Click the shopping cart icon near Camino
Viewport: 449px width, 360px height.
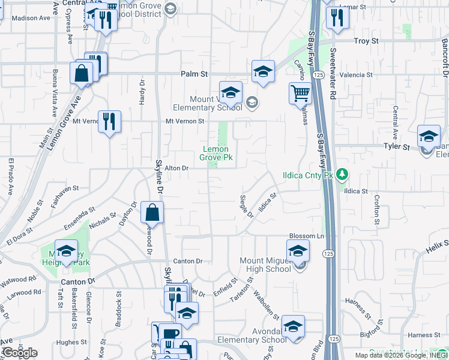(300, 93)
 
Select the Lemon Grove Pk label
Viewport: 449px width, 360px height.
(215, 154)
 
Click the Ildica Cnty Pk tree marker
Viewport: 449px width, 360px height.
(343, 175)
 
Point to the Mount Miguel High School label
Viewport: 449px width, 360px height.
(265, 265)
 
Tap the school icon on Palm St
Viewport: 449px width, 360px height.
(263, 71)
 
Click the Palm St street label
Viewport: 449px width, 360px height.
(194, 74)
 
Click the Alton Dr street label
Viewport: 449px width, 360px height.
(177, 169)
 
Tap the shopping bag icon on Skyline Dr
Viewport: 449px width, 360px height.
(152, 212)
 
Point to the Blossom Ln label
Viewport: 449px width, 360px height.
(307, 236)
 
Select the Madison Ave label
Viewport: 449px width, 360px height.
(31, 18)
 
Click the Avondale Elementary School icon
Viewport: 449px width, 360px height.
(293, 326)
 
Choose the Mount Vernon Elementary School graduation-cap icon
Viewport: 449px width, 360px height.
(231, 92)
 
